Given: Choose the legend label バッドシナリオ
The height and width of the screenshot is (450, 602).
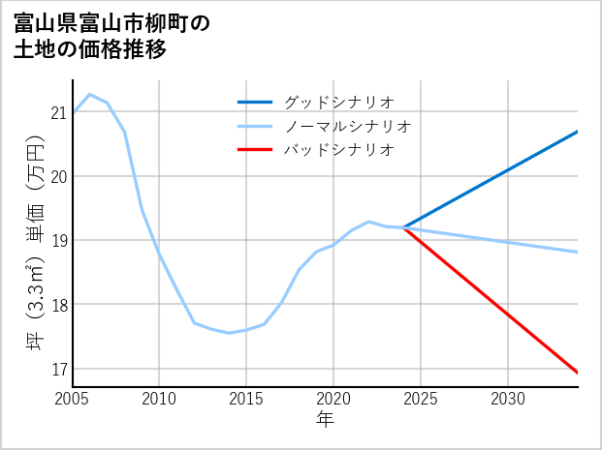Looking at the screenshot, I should pos(338,150).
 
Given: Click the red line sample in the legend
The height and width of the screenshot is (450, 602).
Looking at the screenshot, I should pos(255,150).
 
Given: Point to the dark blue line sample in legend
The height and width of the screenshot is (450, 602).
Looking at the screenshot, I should pos(255,102).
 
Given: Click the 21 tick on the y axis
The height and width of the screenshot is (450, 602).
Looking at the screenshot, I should pos(59,112).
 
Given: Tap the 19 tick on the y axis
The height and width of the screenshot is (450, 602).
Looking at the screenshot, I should pos(59,240).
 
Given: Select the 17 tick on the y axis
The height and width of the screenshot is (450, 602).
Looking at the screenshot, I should pos(59,369).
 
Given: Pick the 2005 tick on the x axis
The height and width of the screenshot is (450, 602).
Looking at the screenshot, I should pos(73,399).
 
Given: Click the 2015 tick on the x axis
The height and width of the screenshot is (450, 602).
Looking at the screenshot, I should pos(247,399).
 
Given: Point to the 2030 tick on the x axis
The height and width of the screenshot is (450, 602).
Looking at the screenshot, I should pos(508,399).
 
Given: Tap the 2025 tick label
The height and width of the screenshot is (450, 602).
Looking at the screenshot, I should pos(421,399).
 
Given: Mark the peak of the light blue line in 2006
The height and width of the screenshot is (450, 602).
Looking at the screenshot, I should pos(90,94).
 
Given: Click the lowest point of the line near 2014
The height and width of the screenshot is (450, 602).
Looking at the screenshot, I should pos(230,333).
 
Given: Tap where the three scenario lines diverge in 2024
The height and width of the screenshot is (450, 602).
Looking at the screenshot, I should pos(404,227).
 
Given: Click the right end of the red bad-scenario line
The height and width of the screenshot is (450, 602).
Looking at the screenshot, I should pos(578,373).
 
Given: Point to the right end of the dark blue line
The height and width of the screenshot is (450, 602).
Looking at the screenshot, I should pos(578,131).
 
